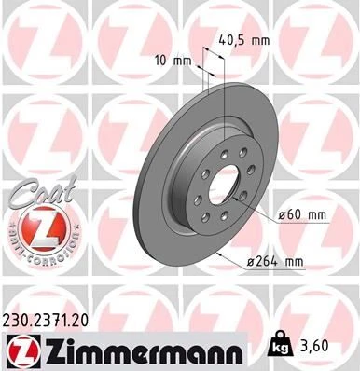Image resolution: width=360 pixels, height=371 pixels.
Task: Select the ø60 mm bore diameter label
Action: pyautogui.click(x=301, y=216)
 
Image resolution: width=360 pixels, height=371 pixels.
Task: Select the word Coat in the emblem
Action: pyautogui.click(x=30, y=190)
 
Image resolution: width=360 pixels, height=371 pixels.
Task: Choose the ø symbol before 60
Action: pyautogui.click(x=283, y=216)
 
